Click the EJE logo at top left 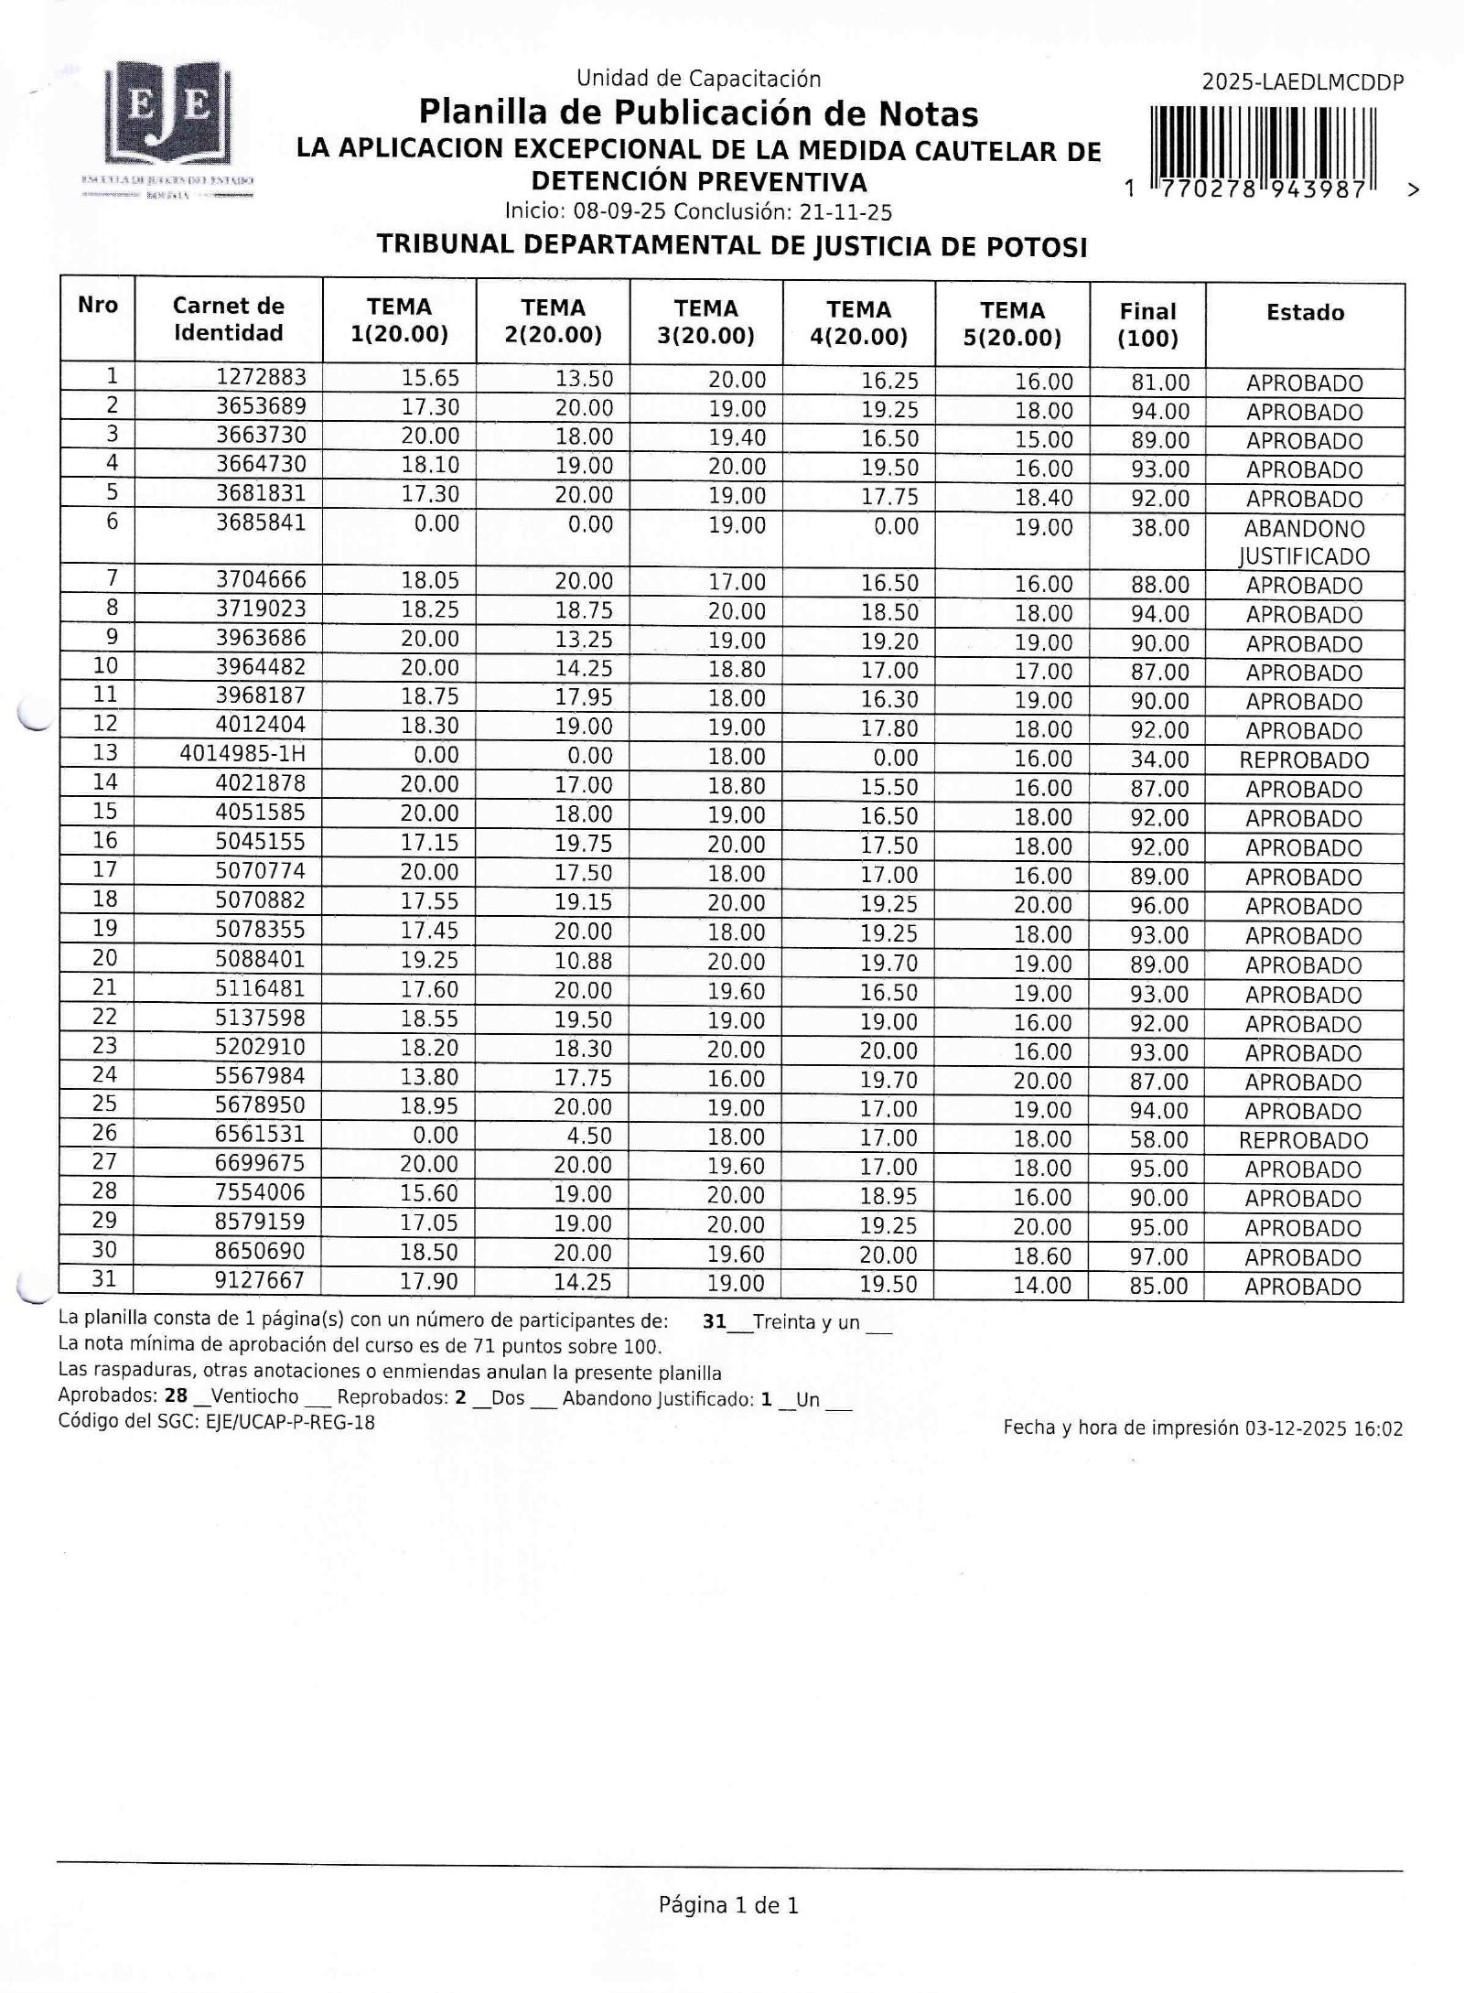click(x=168, y=114)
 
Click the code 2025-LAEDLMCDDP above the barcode click(x=1302, y=82)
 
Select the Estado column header click(x=1305, y=313)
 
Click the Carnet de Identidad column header click(x=228, y=319)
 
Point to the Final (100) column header click(x=1147, y=325)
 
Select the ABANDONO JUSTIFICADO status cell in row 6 click(x=1304, y=543)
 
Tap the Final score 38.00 click(x=1160, y=528)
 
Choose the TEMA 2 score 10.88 click(x=583, y=961)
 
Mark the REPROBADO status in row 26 click(x=1303, y=1141)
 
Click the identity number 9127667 click(x=259, y=1280)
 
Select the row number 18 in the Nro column click(x=105, y=900)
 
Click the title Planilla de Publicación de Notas click(x=698, y=113)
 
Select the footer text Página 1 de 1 click(x=728, y=1905)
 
